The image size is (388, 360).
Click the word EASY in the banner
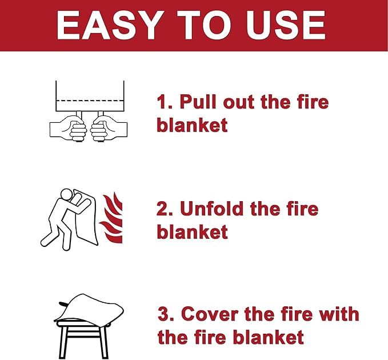[108, 25]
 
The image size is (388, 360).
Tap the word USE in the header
[285, 25]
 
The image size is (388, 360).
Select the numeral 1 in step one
[162, 102]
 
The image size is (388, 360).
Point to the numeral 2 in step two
[162, 209]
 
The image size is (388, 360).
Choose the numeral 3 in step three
[163, 314]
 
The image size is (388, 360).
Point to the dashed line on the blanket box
[90, 101]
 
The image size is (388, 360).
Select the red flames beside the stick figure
[111, 218]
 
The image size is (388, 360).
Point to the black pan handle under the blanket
[65, 304]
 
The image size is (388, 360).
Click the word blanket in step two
[192, 231]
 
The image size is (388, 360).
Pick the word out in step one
[238, 102]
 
